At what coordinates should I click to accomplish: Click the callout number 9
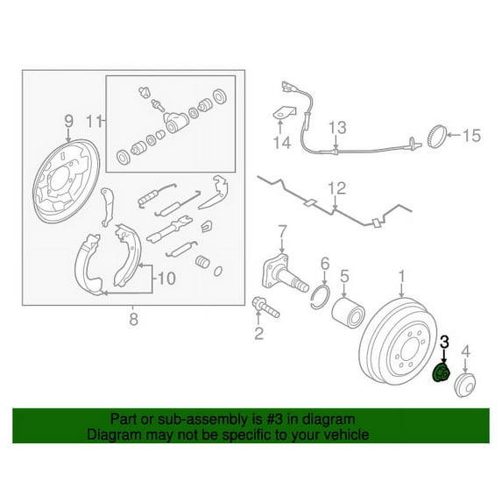[x=67, y=120]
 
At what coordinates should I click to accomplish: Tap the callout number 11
[x=95, y=120]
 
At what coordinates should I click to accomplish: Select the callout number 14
[x=279, y=144]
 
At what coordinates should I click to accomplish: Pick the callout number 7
[x=282, y=232]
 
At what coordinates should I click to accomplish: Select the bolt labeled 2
[x=262, y=307]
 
